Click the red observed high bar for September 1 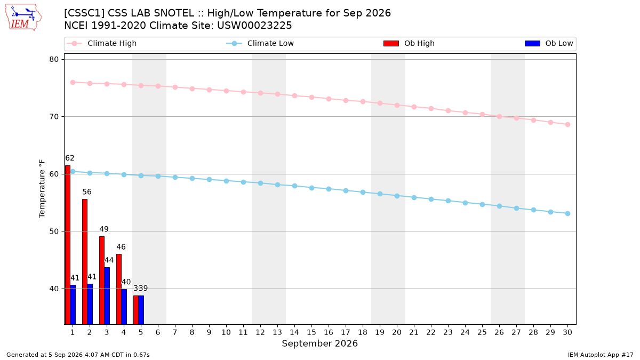pyautogui.click(x=68, y=245)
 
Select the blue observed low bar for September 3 pyautogui.click(x=107, y=295)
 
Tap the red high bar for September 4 pyautogui.click(x=119, y=289)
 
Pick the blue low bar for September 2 pyautogui.click(x=90, y=304)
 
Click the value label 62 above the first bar pyautogui.click(x=70, y=158)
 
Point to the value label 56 pyautogui.click(x=87, y=191)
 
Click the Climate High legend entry pyautogui.click(x=101, y=43)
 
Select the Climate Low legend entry pyautogui.click(x=260, y=43)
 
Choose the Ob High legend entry pyautogui.click(x=409, y=43)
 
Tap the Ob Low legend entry pyautogui.click(x=549, y=43)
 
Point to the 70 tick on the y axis pyautogui.click(x=54, y=117)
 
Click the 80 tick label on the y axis pyautogui.click(x=54, y=59)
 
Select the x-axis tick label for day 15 pyautogui.click(x=311, y=332)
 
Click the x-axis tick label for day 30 pyautogui.click(x=567, y=332)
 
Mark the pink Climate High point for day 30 pyautogui.click(x=567, y=125)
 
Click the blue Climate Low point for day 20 pyautogui.click(x=397, y=196)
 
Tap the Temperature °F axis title pyautogui.click(x=42, y=189)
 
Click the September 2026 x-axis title pyautogui.click(x=319, y=343)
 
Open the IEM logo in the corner pyautogui.click(x=23, y=17)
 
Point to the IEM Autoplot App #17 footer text pyautogui.click(x=601, y=355)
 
